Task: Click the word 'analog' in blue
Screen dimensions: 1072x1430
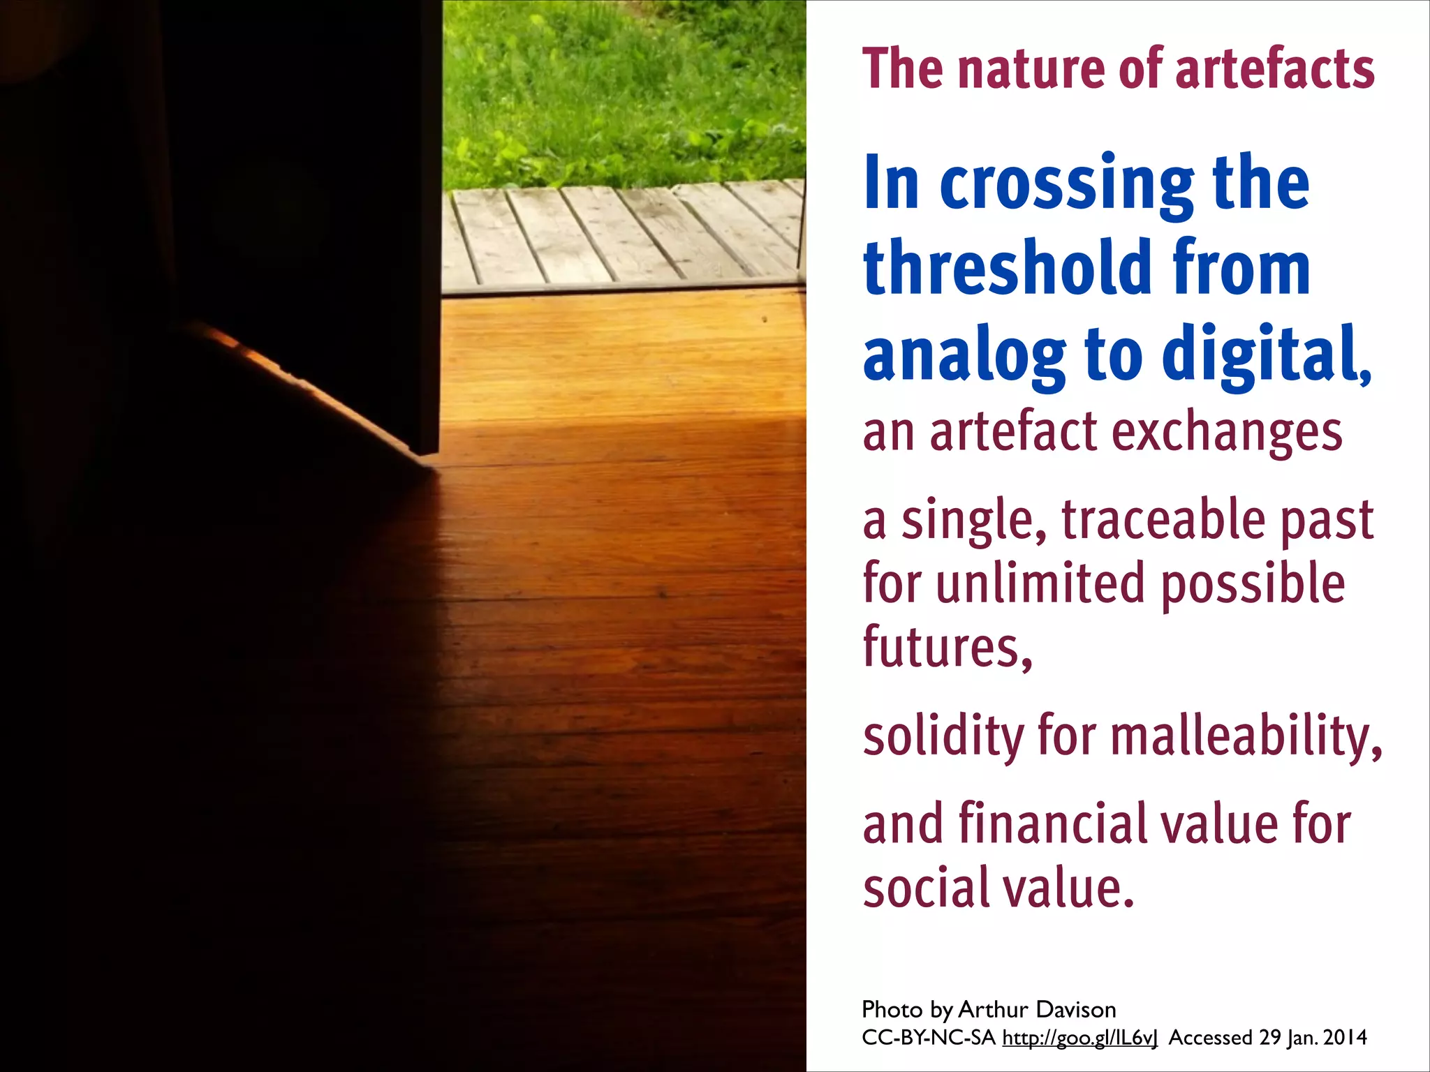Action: click(964, 356)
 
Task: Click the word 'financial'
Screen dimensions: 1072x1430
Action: click(1054, 824)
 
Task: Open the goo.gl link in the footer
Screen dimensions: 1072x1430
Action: click(1079, 1038)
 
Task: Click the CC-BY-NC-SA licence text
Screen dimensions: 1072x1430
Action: click(929, 1038)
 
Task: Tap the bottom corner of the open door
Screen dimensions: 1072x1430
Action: click(427, 455)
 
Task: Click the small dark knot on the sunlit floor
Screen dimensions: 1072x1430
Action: click(765, 320)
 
